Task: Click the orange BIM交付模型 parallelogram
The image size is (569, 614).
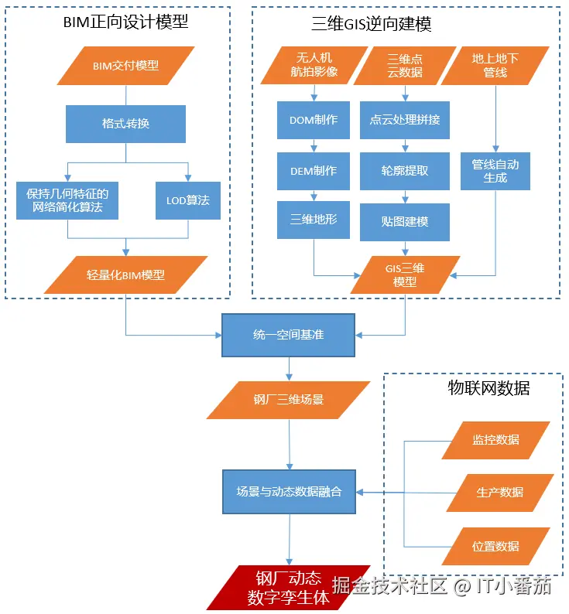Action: pyautogui.click(x=126, y=66)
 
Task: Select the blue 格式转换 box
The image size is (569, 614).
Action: pyautogui.click(x=125, y=124)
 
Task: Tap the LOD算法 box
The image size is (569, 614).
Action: pyautogui.click(x=188, y=200)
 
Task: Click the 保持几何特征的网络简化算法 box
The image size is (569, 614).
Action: pyautogui.click(x=67, y=200)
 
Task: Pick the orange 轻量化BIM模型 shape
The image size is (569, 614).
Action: pyautogui.click(x=125, y=275)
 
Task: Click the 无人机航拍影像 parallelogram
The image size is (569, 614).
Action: pyautogui.click(x=314, y=66)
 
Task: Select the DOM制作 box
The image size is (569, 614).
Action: pyautogui.click(x=314, y=120)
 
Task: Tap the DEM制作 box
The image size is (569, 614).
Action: pyautogui.click(x=314, y=171)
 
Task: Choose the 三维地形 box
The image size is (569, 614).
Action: pyautogui.click(x=314, y=220)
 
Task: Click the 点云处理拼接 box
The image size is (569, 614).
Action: pyautogui.click(x=405, y=120)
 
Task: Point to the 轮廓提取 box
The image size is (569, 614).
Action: pyautogui.click(x=405, y=171)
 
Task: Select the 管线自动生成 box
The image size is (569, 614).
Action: pyautogui.click(x=495, y=171)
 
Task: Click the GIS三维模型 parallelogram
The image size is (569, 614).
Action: pyautogui.click(x=405, y=275)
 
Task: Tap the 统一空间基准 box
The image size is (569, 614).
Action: pyautogui.click(x=288, y=335)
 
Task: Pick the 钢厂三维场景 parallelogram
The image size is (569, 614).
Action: pyautogui.click(x=288, y=401)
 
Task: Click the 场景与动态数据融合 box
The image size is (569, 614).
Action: pyautogui.click(x=289, y=492)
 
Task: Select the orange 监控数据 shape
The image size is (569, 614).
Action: pyautogui.click(x=495, y=440)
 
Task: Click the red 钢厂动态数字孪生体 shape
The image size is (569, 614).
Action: pyautogui.click(x=288, y=588)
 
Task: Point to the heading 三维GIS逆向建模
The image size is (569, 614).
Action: pyautogui.click(x=372, y=24)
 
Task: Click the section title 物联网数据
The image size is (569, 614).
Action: pyautogui.click(x=488, y=388)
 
